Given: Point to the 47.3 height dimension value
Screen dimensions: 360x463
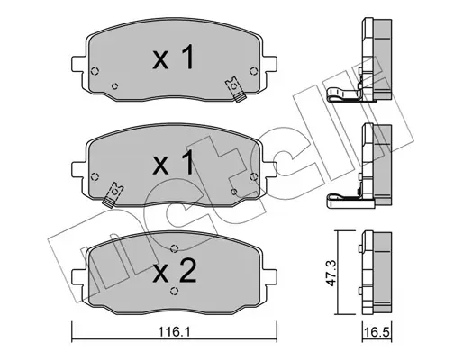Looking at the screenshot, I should click(335, 269).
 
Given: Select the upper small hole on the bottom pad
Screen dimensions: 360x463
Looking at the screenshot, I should click(173, 250).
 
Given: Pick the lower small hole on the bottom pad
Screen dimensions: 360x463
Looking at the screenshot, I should click(173, 290).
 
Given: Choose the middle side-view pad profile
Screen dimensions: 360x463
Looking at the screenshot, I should click(370, 162).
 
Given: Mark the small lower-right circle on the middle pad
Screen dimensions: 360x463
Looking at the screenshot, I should click(233, 192).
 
